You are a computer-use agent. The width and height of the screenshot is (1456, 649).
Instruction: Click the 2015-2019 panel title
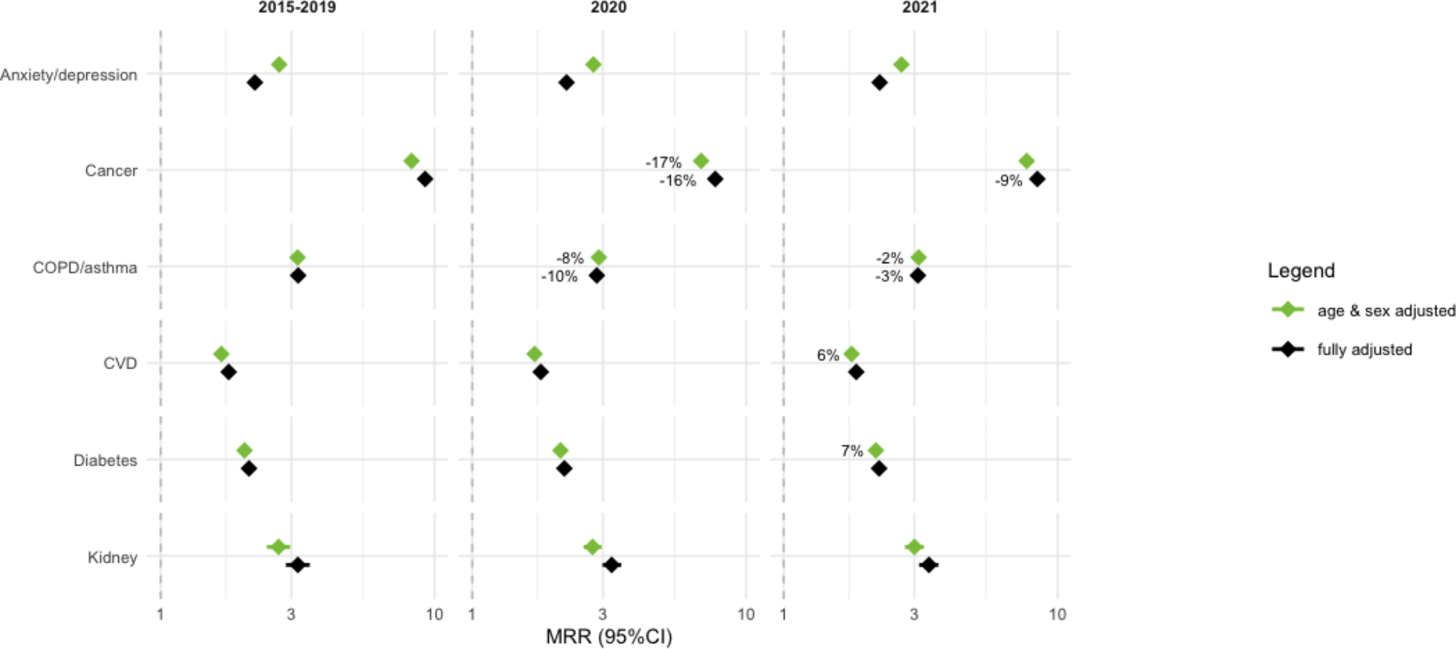coord(297,8)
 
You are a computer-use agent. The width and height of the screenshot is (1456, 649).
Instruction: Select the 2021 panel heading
coord(919,8)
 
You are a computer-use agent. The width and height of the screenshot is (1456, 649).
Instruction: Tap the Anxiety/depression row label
coord(69,75)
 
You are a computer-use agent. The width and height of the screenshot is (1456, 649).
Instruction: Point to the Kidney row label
coord(112,557)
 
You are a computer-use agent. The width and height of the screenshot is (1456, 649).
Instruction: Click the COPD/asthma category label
coord(85,268)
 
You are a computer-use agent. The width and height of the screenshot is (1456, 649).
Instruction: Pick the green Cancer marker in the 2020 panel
coord(700,161)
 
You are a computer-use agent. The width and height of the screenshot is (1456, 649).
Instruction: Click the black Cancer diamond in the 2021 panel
coord(1038,179)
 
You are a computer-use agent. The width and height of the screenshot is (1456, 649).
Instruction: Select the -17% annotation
coord(663,162)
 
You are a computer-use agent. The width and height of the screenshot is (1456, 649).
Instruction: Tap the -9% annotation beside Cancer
coord(1009,181)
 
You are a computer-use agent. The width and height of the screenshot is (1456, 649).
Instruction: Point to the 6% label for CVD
coord(828,355)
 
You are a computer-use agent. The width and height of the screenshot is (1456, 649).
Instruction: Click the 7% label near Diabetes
coord(852,451)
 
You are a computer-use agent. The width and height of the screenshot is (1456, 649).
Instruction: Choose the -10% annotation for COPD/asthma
coord(559,277)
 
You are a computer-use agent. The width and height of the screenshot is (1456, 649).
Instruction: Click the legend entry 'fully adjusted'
coord(1364,350)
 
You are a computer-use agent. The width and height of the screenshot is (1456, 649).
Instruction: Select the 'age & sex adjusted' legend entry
coord(1386,310)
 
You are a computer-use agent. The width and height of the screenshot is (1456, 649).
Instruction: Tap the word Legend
coord(1301,270)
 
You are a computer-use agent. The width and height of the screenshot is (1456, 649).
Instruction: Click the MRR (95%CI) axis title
coord(609,637)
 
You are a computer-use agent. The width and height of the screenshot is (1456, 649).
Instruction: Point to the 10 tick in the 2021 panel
coord(1057,615)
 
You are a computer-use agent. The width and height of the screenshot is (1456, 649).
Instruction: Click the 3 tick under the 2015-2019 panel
coord(291,615)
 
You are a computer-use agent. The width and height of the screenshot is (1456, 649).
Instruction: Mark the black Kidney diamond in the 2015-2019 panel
coord(297,565)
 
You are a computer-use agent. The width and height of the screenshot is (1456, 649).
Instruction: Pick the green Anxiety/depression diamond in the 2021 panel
coord(901,65)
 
